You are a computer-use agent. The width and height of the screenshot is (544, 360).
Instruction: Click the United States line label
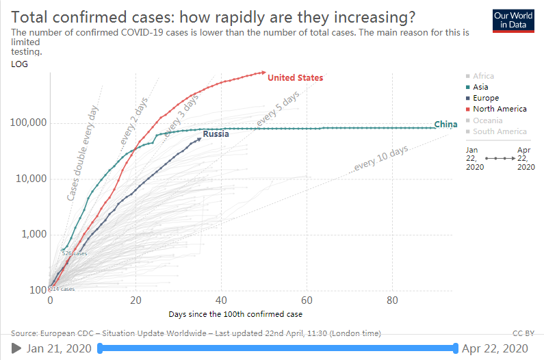[x=295, y=77]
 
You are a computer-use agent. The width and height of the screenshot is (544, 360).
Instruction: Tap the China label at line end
[x=445, y=125]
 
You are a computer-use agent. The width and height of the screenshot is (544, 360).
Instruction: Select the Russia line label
[x=216, y=134]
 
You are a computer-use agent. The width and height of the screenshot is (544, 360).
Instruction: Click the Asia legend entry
[x=480, y=87]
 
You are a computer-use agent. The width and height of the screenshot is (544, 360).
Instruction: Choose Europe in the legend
[x=485, y=98]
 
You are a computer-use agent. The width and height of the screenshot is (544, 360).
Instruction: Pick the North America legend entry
[x=499, y=109]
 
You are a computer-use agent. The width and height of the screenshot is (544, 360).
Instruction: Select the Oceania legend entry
[x=487, y=120]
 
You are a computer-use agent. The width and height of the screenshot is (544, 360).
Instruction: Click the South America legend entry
[x=499, y=131]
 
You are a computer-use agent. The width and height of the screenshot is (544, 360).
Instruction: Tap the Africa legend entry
[x=482, y=76]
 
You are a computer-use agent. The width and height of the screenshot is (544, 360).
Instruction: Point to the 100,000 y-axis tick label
[x=27, y=123]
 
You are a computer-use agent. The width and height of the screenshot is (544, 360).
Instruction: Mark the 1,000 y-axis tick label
[x=31, y=234]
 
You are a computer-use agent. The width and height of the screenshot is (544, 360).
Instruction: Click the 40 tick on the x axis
[x=220, y=300]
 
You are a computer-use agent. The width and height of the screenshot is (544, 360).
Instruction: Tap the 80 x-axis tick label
[x=392, y=300]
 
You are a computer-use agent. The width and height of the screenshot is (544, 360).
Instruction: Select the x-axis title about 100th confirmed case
[x=235, y=314]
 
